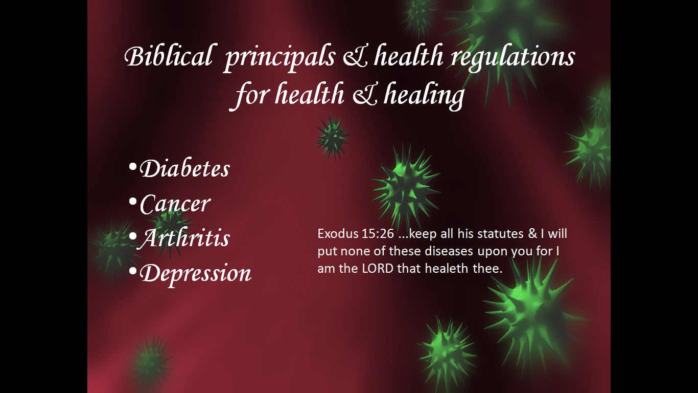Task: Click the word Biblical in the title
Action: pos(169,56)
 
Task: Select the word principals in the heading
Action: pos(280,58)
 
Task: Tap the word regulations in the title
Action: pos(513,58)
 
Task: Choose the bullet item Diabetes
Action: pos(185,168)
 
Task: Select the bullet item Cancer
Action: pos(175,204)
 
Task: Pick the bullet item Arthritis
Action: pos(184,238)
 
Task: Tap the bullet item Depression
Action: pos(195,273)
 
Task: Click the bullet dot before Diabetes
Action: pos(133,167)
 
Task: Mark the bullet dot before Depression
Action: pos(133,271)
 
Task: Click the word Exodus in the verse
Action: pos(338,233)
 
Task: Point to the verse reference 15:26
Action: pos(378,233)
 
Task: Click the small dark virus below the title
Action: pos(333,138)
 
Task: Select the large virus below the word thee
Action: pos(533,312)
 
